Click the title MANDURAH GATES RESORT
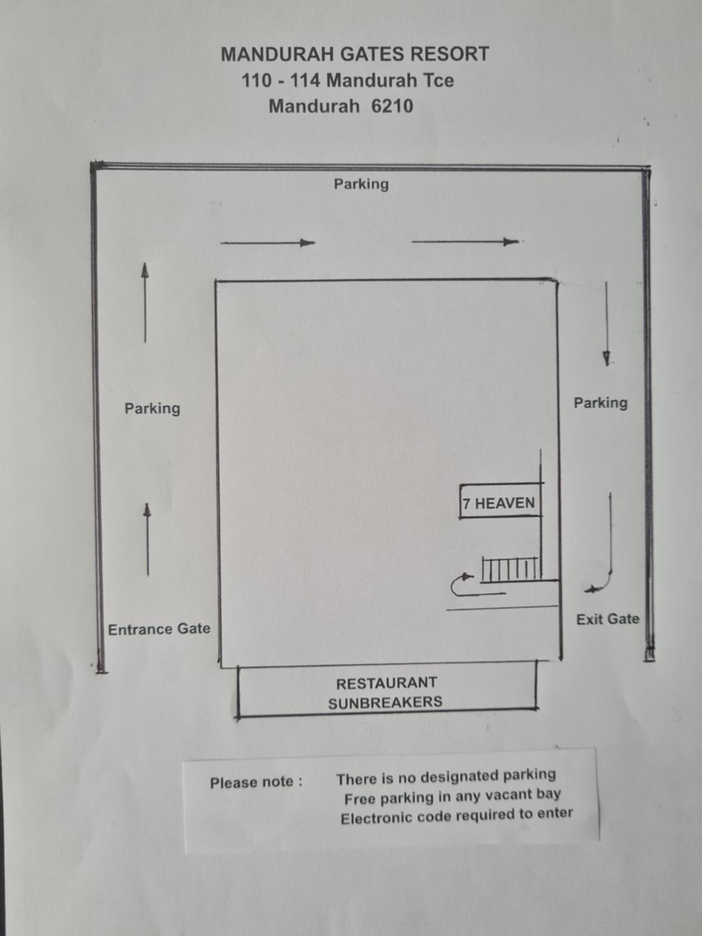[x=355, y=54]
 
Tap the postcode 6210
[x=392, y=106]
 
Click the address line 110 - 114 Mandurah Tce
[x=347, y=80]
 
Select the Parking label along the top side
[x=361, y=184]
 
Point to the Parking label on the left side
[x=152, y=408]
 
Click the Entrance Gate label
[x=159, y=629]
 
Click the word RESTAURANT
[x=386, y=683]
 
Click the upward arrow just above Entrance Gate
[x=147, y=539]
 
